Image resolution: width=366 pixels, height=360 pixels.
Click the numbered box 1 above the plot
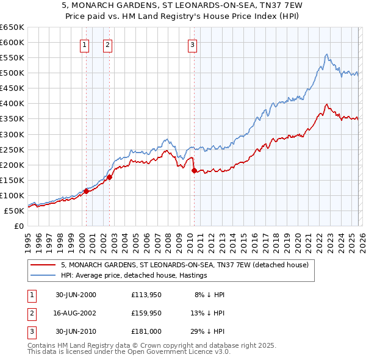tap(84, 44)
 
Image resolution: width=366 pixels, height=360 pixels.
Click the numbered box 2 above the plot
tap(107, 44)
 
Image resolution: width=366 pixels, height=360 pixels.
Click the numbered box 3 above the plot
tap(192, 44)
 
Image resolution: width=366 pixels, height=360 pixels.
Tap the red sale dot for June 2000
tap(86, 191)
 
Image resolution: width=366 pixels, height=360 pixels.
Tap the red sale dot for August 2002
tap(110, 177)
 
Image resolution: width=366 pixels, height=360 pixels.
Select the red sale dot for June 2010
tap(195, 171)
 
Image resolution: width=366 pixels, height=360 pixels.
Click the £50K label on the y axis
tap(15, 211)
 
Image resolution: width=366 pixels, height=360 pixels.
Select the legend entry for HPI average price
tap(134, 275)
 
